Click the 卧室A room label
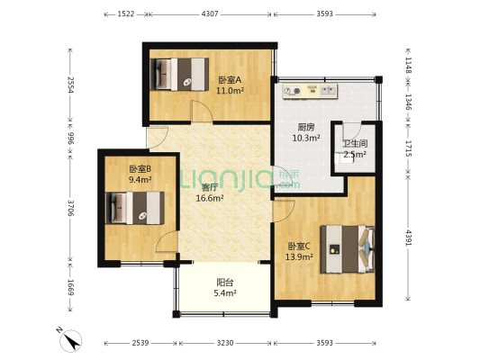(230, 80)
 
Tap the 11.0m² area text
(230, 91)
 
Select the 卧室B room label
(140, 169)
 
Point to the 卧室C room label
(299, 246)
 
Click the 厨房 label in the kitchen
(306, 127)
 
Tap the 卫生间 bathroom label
(355, 143)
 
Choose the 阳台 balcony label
(225, 282)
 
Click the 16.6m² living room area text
(210, 198)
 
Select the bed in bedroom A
(179, 75)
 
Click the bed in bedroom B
(135, 208)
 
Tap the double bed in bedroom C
(348, 249)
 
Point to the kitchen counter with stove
(310, 91)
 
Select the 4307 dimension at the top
(210, 14)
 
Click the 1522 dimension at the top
(126, 14)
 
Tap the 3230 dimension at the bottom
(225, 343)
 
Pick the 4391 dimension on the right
(409, 238)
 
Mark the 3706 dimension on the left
(71, 208)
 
